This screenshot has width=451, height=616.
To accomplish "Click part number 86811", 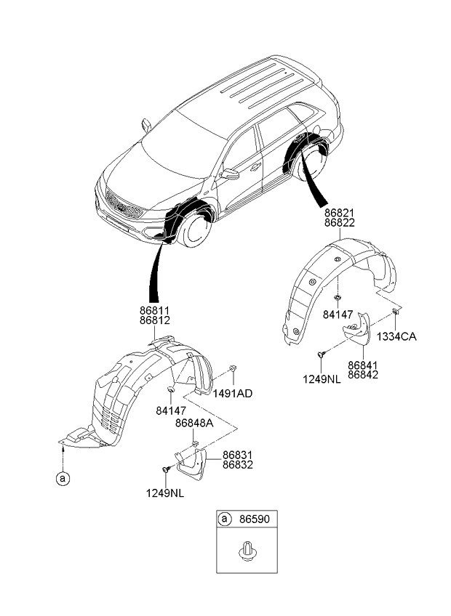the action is tap(155, 311).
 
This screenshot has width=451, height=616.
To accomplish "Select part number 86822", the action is tap(339, 223).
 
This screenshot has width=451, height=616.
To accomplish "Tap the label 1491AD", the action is tap(233, 393).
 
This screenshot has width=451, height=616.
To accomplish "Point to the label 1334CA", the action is tap(396, 336).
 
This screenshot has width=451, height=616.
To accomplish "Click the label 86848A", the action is tap(194, 423).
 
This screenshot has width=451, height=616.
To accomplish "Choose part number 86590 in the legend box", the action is tap(255, 519).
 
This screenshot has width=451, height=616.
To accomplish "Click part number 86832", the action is tap(238, 465).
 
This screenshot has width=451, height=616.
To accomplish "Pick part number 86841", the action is tap(363, 365).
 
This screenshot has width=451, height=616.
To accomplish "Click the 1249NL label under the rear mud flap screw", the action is tap(322, 379).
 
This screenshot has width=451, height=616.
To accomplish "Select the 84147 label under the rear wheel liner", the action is tap(338, 315).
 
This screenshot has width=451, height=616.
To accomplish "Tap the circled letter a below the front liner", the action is tap(63, 479).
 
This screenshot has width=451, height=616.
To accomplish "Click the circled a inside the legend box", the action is tap(224, 519).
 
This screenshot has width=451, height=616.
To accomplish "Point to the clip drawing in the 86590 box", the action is tap(247, 550).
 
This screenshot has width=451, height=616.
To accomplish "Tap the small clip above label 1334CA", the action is tap(395, 312).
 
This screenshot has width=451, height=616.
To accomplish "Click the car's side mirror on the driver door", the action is tap(230, 174).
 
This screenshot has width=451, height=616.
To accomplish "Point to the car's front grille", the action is tap(124, 205).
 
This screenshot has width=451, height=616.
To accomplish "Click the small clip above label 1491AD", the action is tap(233, 368).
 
